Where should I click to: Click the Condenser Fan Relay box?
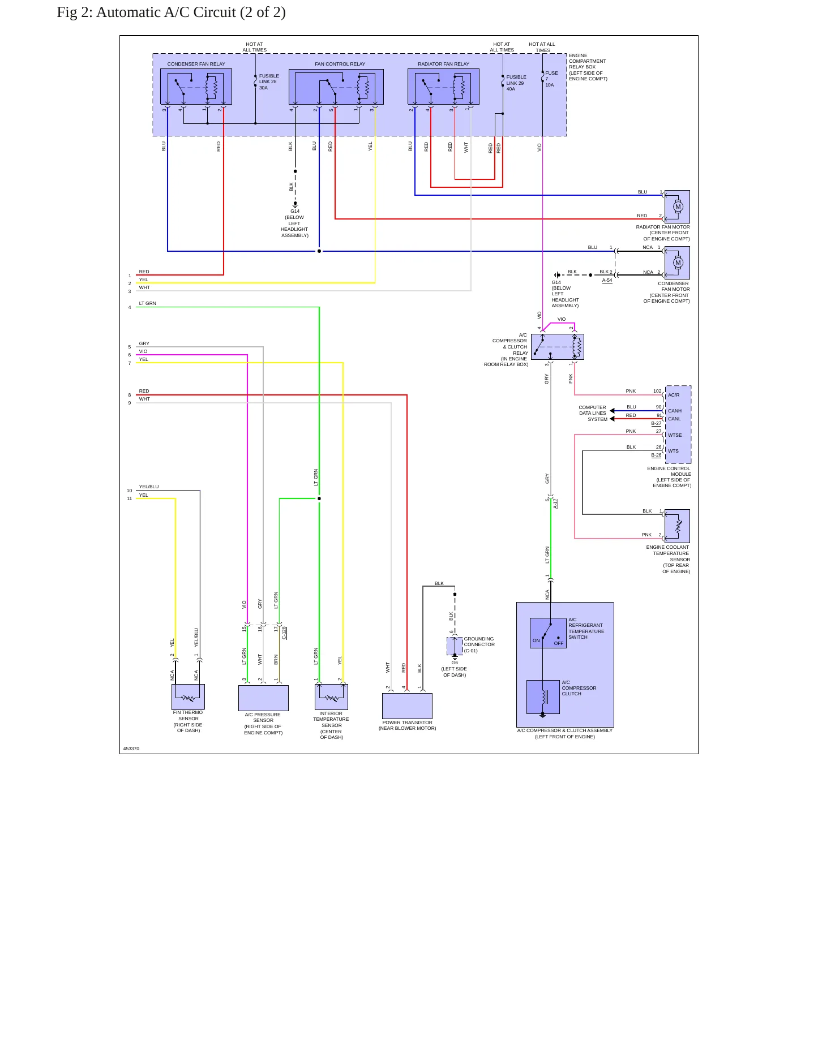click(x=196, y=87)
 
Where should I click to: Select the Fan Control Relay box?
click(x=336, y=87)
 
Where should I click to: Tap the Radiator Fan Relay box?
click(x=443, y=87)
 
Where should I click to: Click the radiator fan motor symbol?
click(x=677, y=207)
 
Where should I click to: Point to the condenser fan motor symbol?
click(x=677, y=263)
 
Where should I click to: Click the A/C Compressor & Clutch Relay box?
click(x=558, y=346)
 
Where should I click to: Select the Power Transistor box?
click(x=407, y=706)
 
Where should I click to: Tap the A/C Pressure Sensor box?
click(x=263, y=698)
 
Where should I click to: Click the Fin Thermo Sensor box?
click(x=188, y=697)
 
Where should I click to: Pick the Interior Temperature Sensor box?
click(x=331, y=697)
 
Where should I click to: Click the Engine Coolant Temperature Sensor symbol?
click(x=677, y=526)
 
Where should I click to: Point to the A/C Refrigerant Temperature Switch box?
click(x=548, y=633)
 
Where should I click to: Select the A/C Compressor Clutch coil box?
click(x=543, y=697)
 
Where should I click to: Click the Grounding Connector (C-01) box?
click(x=455, y=646)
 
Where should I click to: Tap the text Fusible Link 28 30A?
click(x=269, y=82)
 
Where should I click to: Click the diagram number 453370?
click(x=131, y=749)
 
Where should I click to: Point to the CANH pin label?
click(x=675, y=411)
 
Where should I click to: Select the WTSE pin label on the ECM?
click(x=675, y=435)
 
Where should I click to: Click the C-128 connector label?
click(x=284, y=633)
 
